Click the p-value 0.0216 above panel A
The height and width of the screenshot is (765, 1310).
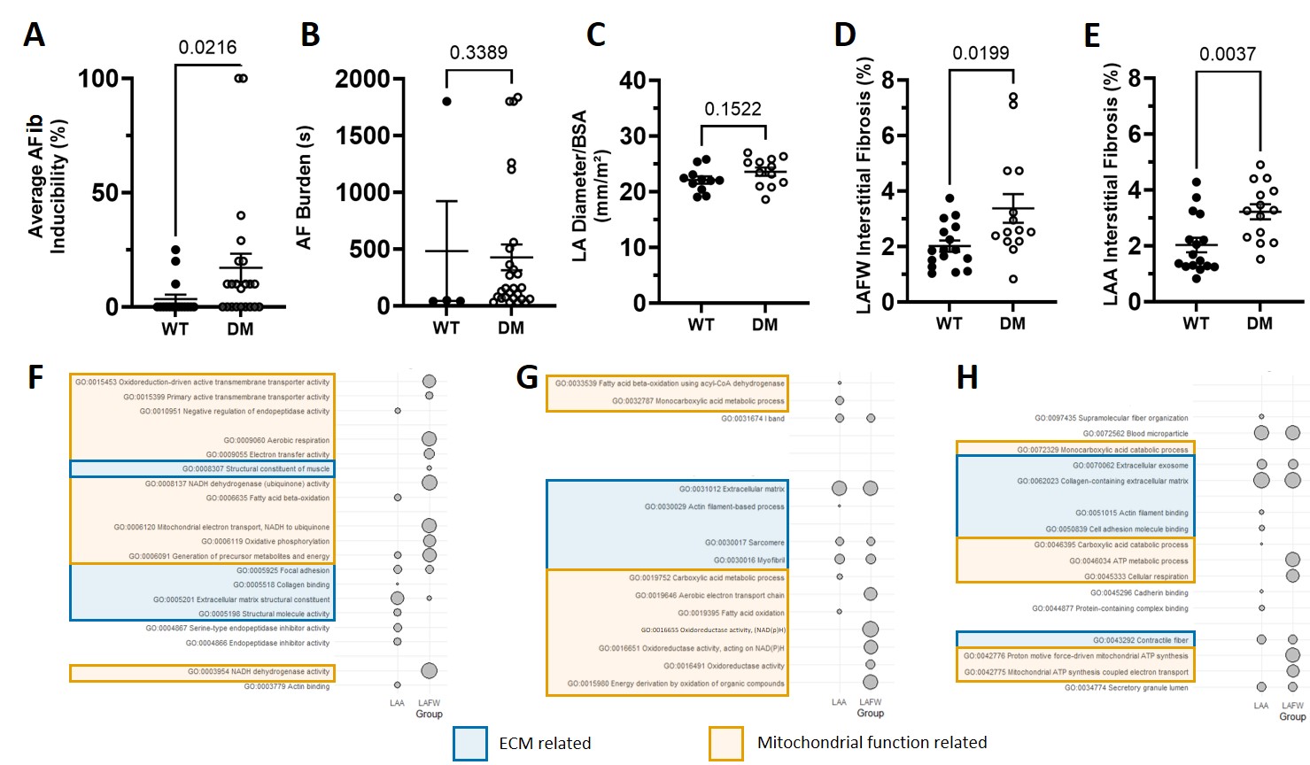207,48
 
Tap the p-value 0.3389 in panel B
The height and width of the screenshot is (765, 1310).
478,52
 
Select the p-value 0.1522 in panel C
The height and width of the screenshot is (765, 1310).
733,109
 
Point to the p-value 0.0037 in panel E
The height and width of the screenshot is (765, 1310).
1227,54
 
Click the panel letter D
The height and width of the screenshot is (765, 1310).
845,35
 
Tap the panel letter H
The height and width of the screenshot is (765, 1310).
967,378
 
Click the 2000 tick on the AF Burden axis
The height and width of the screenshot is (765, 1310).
362,80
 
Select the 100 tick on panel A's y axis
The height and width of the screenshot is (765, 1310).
98,79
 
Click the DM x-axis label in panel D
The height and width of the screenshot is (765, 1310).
1012,324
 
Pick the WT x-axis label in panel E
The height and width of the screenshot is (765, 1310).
1195,324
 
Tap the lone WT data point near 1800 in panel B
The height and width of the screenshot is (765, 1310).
446,102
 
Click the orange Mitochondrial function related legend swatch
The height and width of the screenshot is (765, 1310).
726,743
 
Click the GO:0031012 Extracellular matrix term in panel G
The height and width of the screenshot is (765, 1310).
732,489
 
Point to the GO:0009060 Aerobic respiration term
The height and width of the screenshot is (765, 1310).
275,440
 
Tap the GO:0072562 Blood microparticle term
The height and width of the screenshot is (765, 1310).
1136,434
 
